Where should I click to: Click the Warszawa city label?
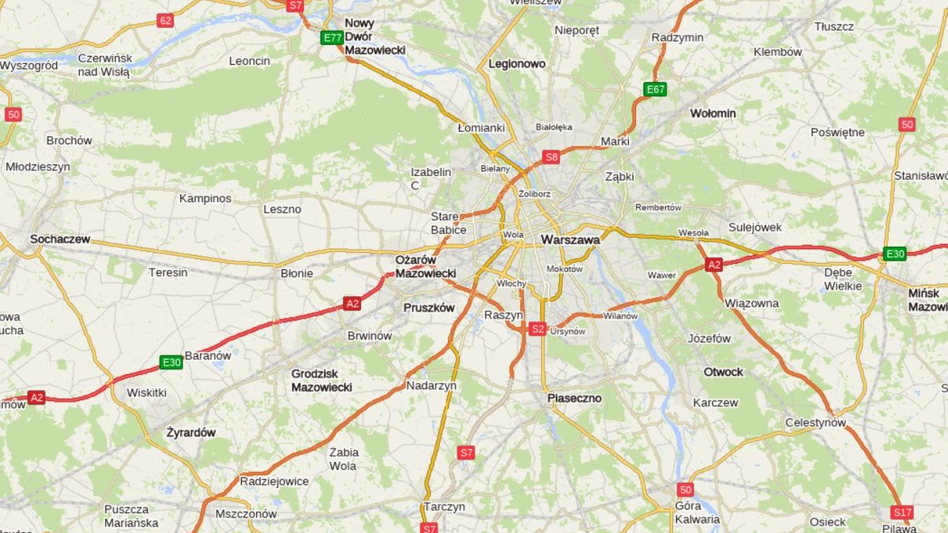coord(570,239)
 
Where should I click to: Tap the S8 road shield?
coord(551,156)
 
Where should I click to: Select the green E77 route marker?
coord(332,37)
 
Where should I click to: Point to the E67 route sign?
coord(655,89)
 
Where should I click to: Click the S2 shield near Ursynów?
coord(537,328)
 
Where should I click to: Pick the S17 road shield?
coord(901,512)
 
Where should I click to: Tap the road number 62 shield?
coord(165,21)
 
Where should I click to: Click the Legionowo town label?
coord(517,63)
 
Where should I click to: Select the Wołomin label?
coord(713,113)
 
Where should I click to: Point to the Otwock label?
coord(724,372)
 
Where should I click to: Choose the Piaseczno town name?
coord(574,398)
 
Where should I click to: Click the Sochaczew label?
coord(60,238)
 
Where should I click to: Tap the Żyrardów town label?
coord(190,433)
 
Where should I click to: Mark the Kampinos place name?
coord(205,198)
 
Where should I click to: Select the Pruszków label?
coord(429,308)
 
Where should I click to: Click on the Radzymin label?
coord(677,37)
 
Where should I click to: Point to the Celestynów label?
coord(815,422)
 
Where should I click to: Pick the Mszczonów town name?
coord(246,513)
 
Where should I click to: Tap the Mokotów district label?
coord(564,269)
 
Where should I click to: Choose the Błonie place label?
coord(297,273)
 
